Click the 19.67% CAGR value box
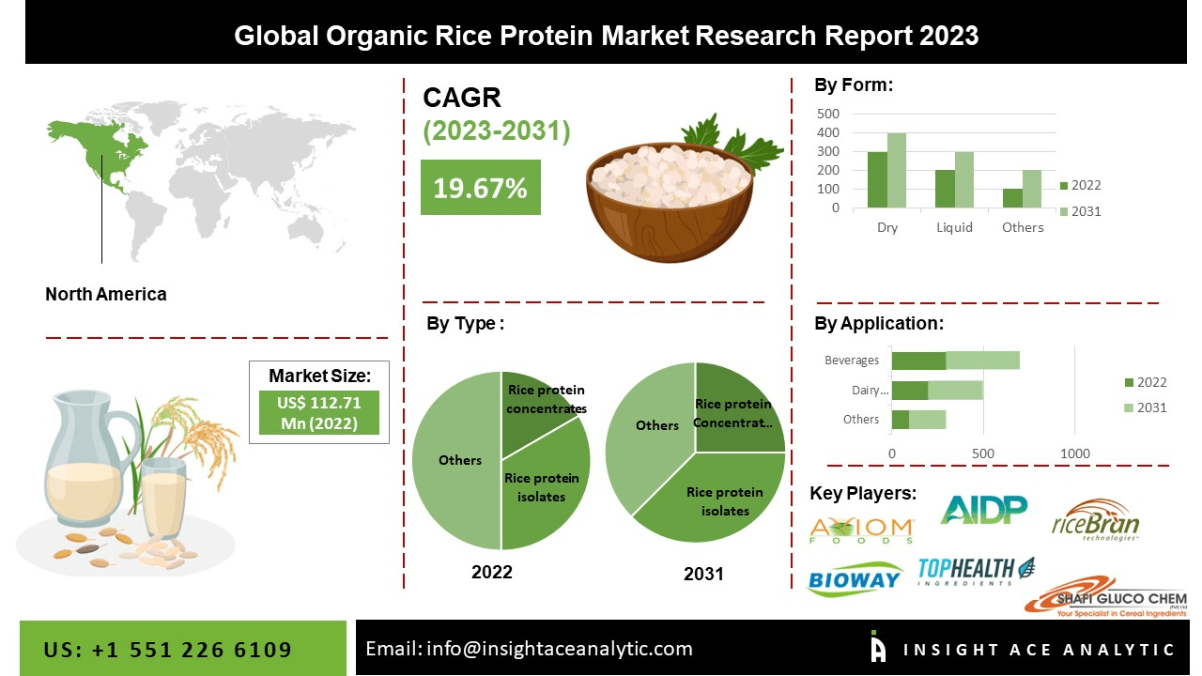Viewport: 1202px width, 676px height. (480, 187)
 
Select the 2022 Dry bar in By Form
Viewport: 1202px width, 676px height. (877, 179)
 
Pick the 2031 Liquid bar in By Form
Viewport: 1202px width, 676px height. (964, 179)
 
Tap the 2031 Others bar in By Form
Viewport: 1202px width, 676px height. (1032, 189)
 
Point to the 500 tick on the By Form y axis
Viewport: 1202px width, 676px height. (827, 113)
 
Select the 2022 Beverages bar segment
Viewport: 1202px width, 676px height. (918, 361)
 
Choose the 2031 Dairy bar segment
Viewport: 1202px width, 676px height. (955, 390)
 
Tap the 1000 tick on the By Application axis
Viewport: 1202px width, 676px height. (1075, 453)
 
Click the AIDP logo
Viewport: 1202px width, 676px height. (983, 509)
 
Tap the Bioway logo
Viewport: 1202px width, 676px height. (854, 578)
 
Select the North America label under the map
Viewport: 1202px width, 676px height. (106, 294)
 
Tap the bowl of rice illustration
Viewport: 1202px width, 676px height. (669, 197)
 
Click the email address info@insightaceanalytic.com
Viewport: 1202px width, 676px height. (529, 648)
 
